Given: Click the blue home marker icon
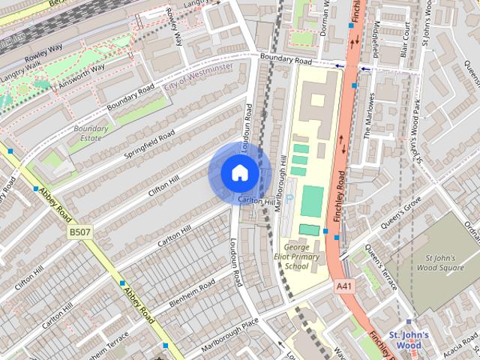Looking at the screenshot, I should click(238, 172).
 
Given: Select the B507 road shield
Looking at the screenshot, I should click(79, 233).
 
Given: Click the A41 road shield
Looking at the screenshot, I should click(344, 286).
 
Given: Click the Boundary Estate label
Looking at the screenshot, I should click(91, 133).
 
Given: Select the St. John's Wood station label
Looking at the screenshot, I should click(409, 339).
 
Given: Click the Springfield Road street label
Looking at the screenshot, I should click(150, 145).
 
